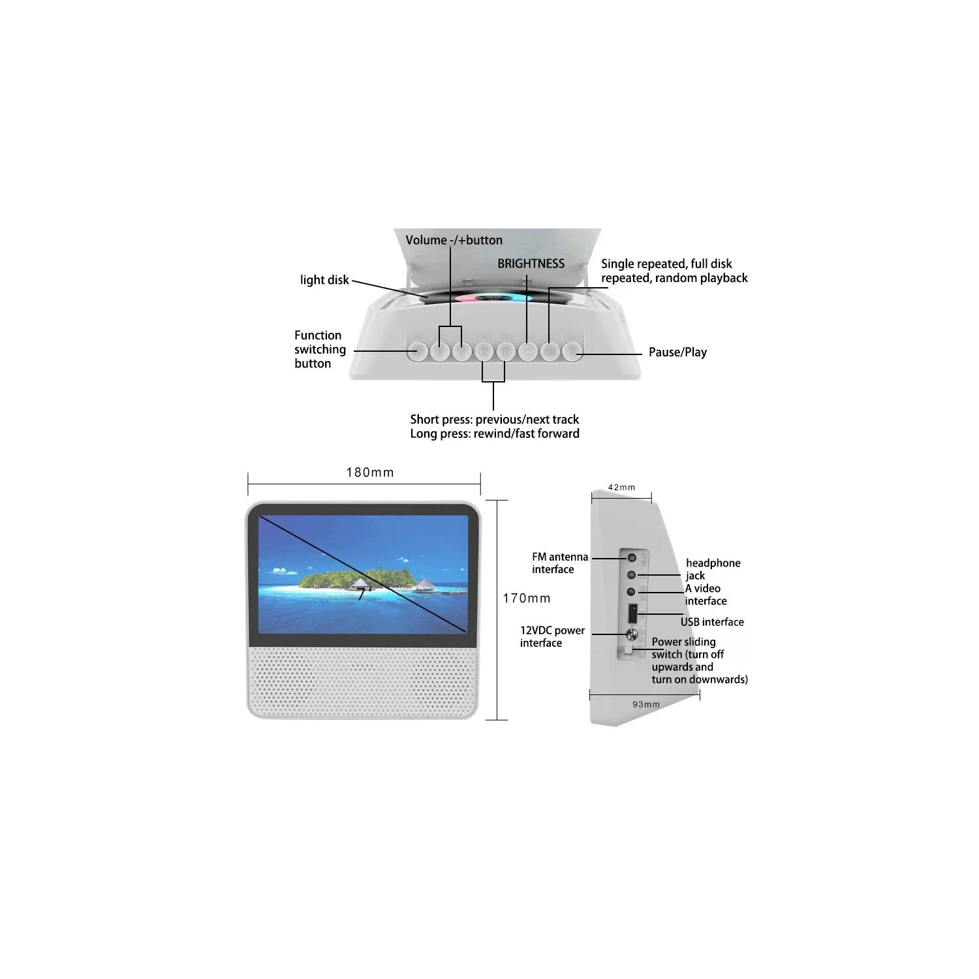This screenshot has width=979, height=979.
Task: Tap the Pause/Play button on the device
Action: point(572,352)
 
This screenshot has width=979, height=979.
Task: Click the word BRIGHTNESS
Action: point(531,264)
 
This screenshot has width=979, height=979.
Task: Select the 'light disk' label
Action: point(324,280)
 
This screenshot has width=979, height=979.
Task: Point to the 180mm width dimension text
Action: point(370,473)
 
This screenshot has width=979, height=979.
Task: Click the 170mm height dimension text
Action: point(527,598)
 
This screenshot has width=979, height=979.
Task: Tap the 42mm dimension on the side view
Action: point(621,488)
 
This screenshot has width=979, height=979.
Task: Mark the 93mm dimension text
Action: point(646,704)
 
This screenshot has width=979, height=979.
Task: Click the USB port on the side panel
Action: point(632,614)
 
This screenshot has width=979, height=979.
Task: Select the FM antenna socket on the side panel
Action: point(631,558)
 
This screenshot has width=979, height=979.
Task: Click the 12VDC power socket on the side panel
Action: point(631,634)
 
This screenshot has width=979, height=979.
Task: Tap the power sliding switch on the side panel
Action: point(628,651)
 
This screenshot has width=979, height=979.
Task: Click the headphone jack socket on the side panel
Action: point(631,575)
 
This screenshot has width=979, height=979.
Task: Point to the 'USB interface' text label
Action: point(712,622)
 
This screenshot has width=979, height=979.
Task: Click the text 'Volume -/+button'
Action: point(454,240)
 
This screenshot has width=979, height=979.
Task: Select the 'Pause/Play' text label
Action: point(677,352)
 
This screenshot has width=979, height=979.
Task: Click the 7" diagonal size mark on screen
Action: point(364,593)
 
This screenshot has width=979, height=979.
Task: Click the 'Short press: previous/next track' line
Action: point(494,420)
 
